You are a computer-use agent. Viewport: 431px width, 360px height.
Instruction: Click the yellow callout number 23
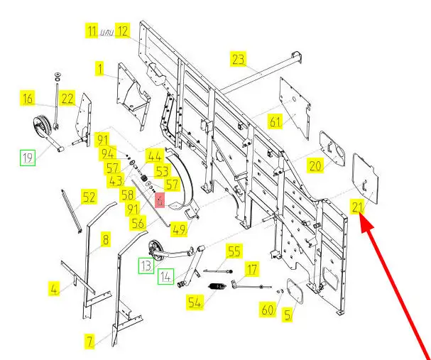(x=237, y=58)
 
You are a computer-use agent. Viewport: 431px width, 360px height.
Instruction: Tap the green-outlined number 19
(x=27, y=158)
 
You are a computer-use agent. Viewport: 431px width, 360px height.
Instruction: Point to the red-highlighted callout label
(x=160, y=201)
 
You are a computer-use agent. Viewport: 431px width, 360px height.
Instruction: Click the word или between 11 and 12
(x=106, y=32)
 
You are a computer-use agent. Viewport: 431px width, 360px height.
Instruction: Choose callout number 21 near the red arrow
(x=356, y=207)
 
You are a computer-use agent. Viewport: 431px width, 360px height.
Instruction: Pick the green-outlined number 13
(x=145, y=266)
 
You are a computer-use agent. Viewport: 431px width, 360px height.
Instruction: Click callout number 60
(x=267, y=310)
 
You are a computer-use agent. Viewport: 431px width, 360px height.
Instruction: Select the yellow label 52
(x=89, y=197)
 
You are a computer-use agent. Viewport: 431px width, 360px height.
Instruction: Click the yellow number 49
(x=178, y=229)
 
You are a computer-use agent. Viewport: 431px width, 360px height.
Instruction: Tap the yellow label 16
(x=47, y=99)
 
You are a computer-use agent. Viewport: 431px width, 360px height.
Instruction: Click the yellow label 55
(x=234, y=251)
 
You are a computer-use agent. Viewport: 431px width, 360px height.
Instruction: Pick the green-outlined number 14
(x=166, y=276)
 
